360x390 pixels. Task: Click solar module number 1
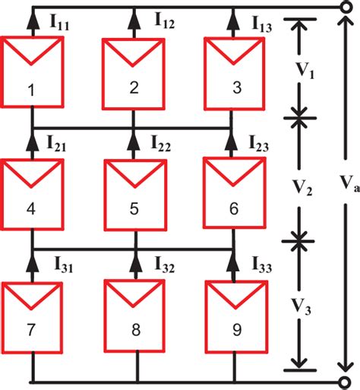click(32, 71)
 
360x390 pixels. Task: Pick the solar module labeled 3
click(235, 71)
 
